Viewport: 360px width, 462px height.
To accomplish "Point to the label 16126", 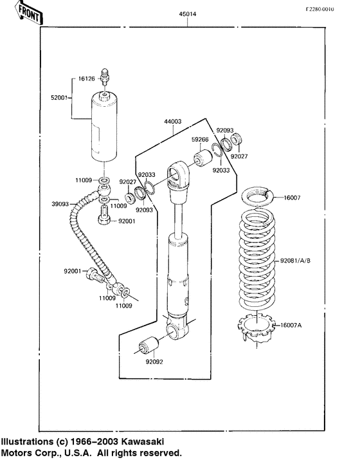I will pyautogui.click(x=87, y=79).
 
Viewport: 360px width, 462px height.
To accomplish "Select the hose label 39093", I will pyautogui.click(x=60, y=205).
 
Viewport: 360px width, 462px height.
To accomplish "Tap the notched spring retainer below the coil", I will pyautogui.click(x=256, y=326).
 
